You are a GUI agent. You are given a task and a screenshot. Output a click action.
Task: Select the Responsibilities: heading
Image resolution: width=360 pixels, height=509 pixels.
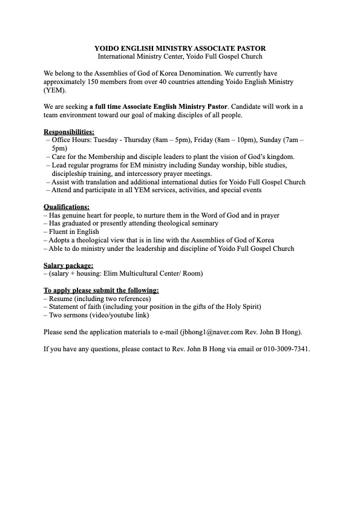[x=69, y=131]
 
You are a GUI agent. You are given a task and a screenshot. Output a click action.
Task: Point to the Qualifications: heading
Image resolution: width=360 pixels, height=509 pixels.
[x=67, y=207]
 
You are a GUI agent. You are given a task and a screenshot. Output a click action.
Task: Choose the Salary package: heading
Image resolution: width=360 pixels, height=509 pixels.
[x=68, y=265]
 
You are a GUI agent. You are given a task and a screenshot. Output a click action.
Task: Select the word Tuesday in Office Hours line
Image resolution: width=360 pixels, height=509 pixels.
[x=102, y=140]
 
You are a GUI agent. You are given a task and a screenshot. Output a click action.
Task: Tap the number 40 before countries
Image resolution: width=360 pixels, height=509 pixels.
[x=188, y=82]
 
